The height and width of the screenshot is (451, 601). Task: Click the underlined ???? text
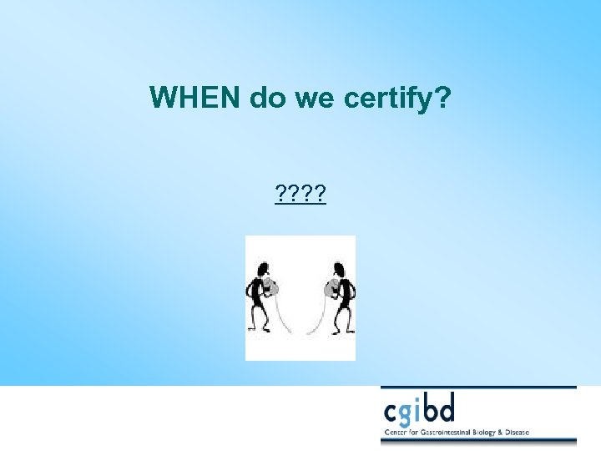click(x=300, y=195)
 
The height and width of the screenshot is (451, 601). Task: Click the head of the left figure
click(x=263, y=270)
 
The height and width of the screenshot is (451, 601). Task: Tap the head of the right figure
click(x=337, y=270)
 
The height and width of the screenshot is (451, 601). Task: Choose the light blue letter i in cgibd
click(x=427, y=408)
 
